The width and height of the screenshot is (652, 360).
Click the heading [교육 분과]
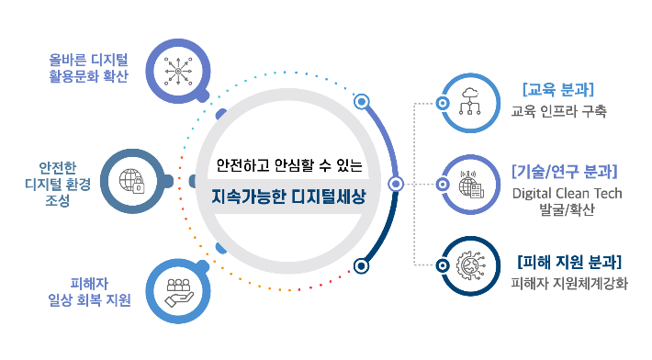(x=557, y=90)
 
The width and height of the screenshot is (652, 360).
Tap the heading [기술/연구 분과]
(x=564, y=172)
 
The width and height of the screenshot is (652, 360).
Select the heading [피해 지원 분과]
(x=569, y=261)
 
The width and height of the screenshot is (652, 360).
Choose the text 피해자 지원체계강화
(x=569, y=283)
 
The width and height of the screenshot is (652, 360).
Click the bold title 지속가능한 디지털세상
(x=288, y=197)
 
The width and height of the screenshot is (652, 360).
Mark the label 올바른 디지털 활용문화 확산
(x=88, y=68)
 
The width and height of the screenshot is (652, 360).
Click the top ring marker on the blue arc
(x=362, y=101)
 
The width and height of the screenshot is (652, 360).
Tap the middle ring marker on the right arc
(x=397, y=184)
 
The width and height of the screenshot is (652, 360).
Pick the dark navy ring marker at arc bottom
(x=362, y=266)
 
